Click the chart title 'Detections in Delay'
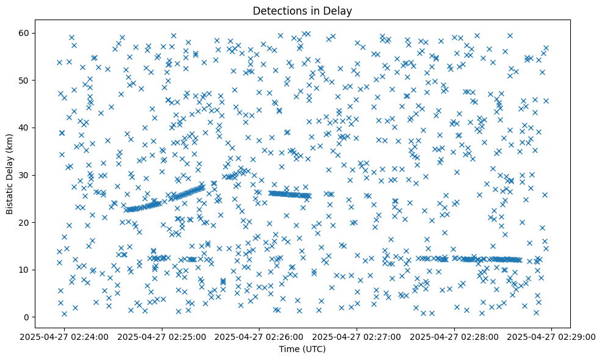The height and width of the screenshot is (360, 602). click(x=302, y=11)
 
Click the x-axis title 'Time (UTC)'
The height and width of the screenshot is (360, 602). click(x=302, y=349)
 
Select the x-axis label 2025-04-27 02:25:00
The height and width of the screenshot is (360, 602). click(x=162, y=336)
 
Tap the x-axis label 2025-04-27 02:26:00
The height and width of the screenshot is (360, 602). click(x=260, y=336)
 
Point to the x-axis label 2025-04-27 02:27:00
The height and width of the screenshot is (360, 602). click(x=357, y=336)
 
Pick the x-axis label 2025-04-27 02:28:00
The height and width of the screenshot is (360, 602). click(x=455, y=336)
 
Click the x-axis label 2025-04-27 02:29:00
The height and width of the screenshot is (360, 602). click(x=552, y=336)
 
